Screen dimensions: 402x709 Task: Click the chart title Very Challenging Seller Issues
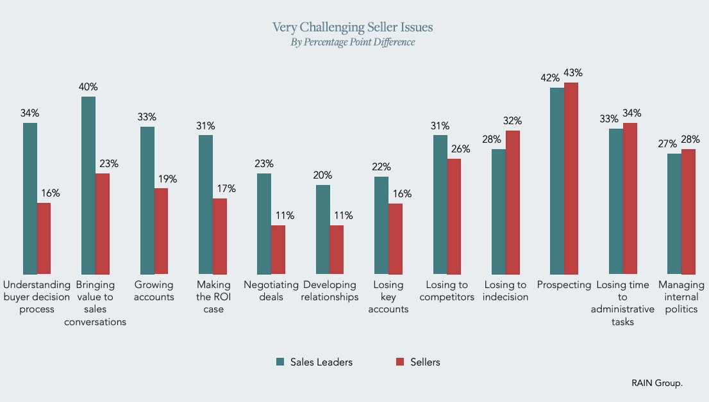point(353,27)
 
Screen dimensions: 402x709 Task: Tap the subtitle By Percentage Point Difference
point(353,42)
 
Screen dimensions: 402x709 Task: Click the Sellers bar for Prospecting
point(571,179)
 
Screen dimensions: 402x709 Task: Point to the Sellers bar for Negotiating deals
point(278,250)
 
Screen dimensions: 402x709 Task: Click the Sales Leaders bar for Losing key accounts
point(381,226)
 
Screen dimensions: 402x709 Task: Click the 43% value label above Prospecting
point(574,72)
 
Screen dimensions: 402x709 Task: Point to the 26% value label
point(460,149)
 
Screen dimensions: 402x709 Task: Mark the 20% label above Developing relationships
point(323,175)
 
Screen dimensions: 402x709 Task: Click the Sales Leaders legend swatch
point(280,362)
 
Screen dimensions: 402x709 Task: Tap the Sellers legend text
point(424,362)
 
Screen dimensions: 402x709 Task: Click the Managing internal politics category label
point(681,297)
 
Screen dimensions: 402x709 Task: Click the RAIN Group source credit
point(657,383)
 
